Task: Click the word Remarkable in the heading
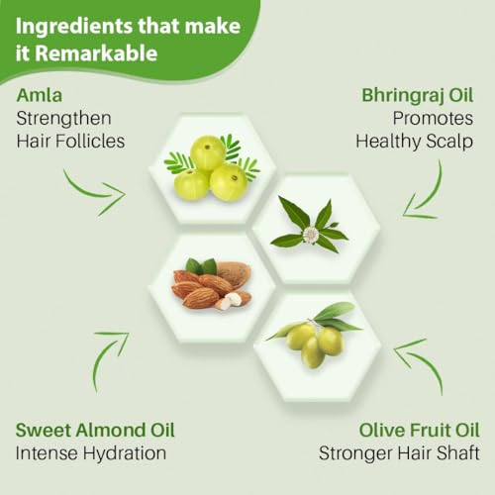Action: coord(96,52)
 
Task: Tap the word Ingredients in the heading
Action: coord(74,27)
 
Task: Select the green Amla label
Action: coord(40,95)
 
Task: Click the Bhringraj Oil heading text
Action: coord(418,96)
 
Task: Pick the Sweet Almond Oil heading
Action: coord(95,431)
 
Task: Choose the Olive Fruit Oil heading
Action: coord(419,431)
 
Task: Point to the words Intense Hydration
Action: coord(91,453)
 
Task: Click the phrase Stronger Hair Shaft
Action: coord(399,453)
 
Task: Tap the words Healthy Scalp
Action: coord(415,142)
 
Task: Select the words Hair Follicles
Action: coord(70,142)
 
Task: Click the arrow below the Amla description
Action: coord(96,194)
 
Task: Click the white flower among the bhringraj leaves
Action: coord(310,234)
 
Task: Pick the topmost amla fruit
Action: coord(208,153)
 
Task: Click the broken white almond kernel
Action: coord(229,301)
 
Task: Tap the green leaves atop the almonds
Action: coord(201,266)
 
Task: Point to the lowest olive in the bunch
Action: coord(313,352)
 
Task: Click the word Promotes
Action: coord(433,119)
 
